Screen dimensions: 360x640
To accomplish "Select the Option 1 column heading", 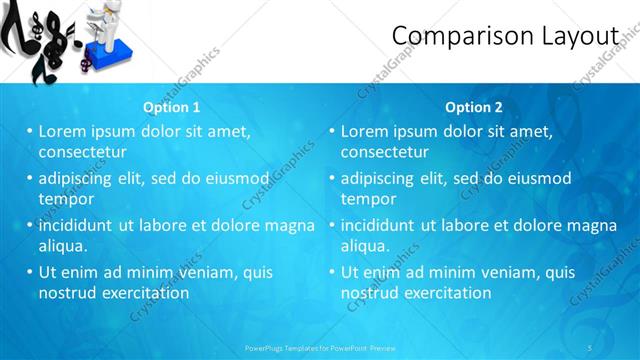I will [x=172, y=107].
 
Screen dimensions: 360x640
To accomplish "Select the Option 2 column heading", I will [x=474, y=107].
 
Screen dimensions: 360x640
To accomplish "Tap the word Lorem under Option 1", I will [x=63, y=131].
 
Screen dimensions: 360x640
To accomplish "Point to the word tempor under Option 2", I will [x=370, y=199].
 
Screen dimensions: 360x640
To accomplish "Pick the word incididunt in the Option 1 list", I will [x=78, y=225].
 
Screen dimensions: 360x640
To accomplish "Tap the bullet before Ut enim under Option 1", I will [x=29, y=272].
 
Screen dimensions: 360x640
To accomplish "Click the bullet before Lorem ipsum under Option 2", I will [x=331, y=131].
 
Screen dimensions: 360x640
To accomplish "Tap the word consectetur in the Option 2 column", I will [x=384, y=152].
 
